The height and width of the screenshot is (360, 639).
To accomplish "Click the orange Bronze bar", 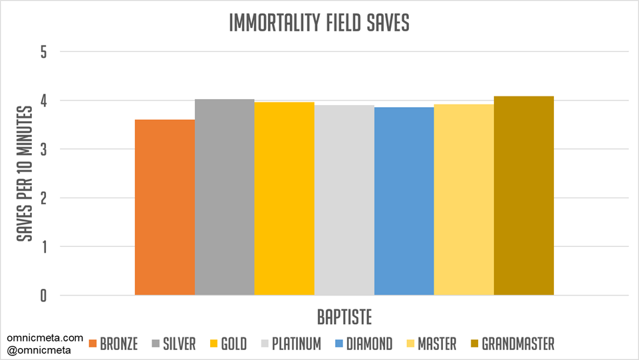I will pyautogui.click(x=165, y=208).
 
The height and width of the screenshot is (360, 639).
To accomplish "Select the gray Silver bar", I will pyautogui.click(x=225, y=197).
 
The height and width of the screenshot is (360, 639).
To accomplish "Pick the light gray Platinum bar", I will pyautogui.click(x=344, y=200).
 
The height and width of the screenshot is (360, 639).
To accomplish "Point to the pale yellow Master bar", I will pyautogui.click(x=464, y=200).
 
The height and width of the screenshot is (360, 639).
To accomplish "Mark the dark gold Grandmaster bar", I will pyautogui.click(x=524, y=196).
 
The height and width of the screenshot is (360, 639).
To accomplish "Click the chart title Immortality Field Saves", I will pyautogui.click(x=319, y=23).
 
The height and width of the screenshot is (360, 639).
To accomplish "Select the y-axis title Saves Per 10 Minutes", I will pyautogui.click(x=25, y=173).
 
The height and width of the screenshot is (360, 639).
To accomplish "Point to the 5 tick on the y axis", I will pyautogui.click(x=43, y=52).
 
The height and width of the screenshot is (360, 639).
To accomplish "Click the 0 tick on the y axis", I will pyautogui.click(x=43, y=295).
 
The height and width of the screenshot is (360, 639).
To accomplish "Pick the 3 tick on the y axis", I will pyautogui.click(x=43, y=149).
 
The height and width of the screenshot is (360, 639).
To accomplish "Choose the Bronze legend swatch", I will pyautogui.click(x=92, y=344).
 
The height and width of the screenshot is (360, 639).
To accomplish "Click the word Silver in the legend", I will pyautogui.click(x=180, y=344).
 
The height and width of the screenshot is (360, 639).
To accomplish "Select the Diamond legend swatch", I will pyautogui.click(x=338, y=344).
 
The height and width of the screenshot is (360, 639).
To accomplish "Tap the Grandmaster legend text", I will pyautogui.click(x=518, y=344).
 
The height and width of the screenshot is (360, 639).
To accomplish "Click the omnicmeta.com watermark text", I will pyautogui.click(x=45, y=338).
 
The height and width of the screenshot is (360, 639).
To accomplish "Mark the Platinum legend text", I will pyautogui.click(x=296, y=344).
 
